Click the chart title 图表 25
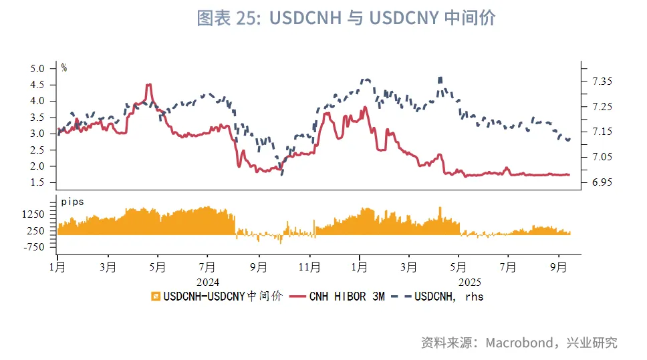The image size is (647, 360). [346, 18]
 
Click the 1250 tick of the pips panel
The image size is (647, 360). [34, 214]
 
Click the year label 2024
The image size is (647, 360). [208, 283]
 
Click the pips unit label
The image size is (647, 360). [73, 201]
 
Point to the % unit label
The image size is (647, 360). [64, 67]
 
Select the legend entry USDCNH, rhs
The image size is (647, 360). [441, 296]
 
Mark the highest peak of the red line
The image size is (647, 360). [149, 85]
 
